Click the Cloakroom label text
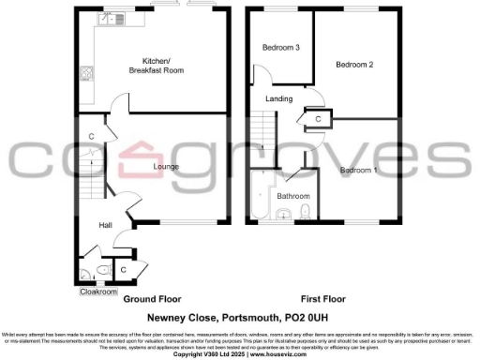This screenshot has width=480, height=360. pyautogui.click(x=97, y=292)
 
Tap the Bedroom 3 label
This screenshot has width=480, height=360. pyautogui.click(x=280, y=48)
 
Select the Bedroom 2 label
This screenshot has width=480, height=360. pyautogui.click(x=355, y=64)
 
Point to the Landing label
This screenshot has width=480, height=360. pyautogui.click(x=278, y=98)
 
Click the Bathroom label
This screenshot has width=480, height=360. pyautogui.click(x=293, y=195)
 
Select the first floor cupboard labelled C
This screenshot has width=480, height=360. pyautogui.click(x=319, y=119)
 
